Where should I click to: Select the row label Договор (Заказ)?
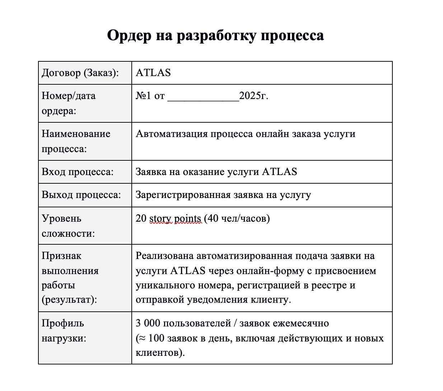pos(80,73)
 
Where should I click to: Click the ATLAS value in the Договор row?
pos(153,73)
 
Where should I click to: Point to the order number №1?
pos(143,96)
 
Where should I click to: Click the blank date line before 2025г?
pos(203,97)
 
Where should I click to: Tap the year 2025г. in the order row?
pos(253,96)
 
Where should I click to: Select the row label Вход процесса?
pos(78,172)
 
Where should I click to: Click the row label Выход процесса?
pos(81,195)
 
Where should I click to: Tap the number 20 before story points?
pos(141,218)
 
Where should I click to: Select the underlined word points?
pos(188,218)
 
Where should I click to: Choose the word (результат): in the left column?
pos(69,300)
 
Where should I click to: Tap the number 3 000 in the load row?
pos(148,323)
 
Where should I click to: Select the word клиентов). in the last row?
pos(160,353)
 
